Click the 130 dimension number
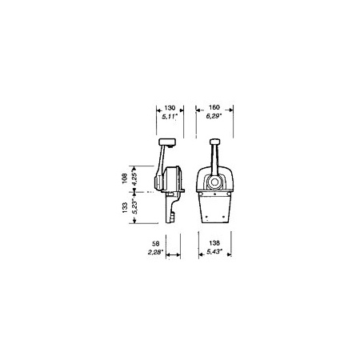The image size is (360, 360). tap(170, 108)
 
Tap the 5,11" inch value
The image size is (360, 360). tap(170, 116)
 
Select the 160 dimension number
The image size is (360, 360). tap(214, 107)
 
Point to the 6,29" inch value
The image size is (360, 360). tap(214, 116)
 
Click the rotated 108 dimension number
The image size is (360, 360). tap(124, 178)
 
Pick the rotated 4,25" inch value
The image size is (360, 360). tap(134, 178)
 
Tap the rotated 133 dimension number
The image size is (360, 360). tap(125, 208)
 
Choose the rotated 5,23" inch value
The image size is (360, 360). tap(134, 207)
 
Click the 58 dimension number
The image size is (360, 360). tap(155, 243)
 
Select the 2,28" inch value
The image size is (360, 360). tap(155, 252)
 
